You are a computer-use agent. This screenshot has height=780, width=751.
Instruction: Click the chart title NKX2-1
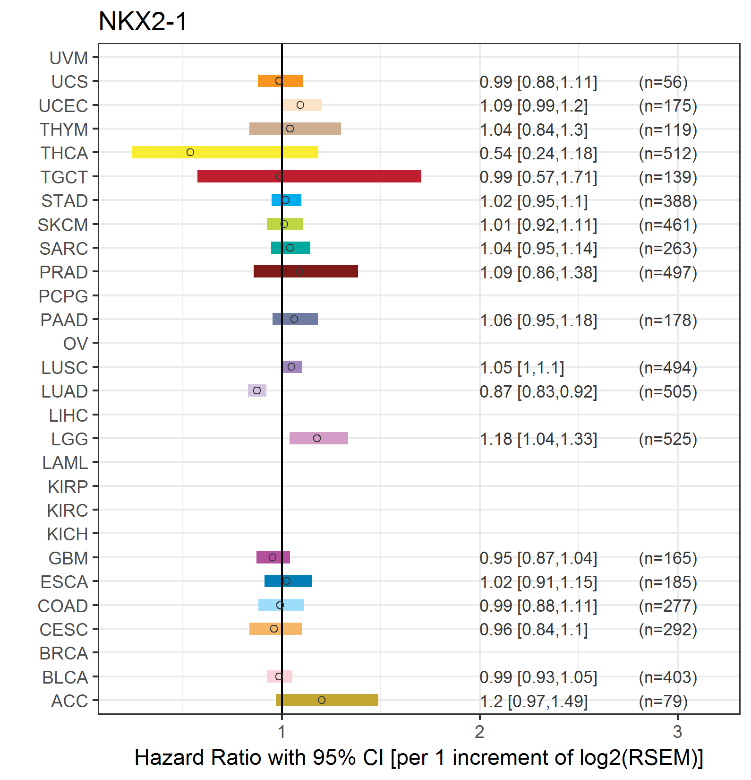tap(143, 22)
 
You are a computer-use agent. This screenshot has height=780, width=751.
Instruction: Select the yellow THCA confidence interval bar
tap(225, 152)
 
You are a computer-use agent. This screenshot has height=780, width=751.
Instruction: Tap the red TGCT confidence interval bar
tap(309, 176)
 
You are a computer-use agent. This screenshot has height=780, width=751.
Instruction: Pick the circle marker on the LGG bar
tap(317, 438)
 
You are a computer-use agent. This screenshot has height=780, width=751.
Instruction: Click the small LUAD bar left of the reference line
tap(257, 390)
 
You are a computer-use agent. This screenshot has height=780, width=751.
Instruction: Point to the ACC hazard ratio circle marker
tap(322, 700)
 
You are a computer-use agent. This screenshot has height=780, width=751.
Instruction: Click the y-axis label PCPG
tap(63, 296)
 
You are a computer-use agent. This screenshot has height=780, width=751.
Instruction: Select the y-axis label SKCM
tap(63, 225)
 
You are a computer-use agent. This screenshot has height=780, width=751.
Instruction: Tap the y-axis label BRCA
tap(64, 653)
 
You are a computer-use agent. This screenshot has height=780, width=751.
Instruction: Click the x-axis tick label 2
tap(480, 732)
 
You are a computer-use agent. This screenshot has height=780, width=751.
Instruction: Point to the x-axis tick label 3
tap(678, 732)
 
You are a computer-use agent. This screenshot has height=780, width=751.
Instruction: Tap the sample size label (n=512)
tap(668, 154)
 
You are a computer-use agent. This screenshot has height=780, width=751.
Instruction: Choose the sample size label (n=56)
tap(663, 82)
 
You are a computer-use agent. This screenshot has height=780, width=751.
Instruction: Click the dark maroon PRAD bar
tap(306, 271)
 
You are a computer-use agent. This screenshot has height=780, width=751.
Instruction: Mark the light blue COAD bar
tap(281, 605)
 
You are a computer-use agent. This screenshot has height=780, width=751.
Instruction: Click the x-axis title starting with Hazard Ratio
tap(419, 758)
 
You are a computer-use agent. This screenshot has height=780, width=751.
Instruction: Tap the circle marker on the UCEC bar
tap(300, 105)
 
